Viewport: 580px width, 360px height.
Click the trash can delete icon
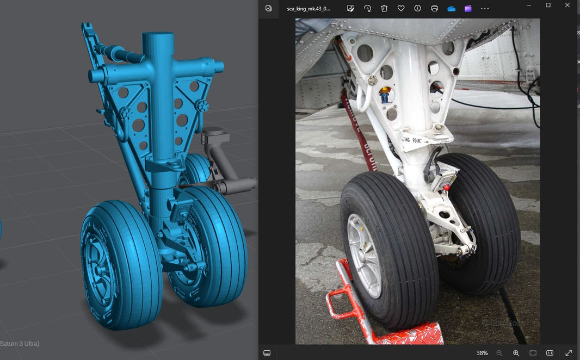(x=384, y=9)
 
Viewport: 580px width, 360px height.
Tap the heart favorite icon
(x=401, y=9)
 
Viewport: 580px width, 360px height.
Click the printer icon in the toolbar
(x=434, y=9)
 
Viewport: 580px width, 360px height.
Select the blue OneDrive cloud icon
(x=451, y=9)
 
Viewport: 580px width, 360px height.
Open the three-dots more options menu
(x=485, y=9)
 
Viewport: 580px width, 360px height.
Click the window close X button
(x=567, y=5)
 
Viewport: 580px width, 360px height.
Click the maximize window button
(x=548, y=5)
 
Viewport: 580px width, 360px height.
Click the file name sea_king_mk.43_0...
(x=308, y=9)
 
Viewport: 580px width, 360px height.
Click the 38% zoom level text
(x=482, y=353)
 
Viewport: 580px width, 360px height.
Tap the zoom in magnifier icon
(x=516, y=353)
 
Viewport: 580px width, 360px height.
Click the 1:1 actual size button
(x=550, y=353)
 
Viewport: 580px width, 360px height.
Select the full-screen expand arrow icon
(x=569, y=353)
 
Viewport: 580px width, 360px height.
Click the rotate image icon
(x=367, y=9)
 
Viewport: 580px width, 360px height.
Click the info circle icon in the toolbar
(x=417, y=9)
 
